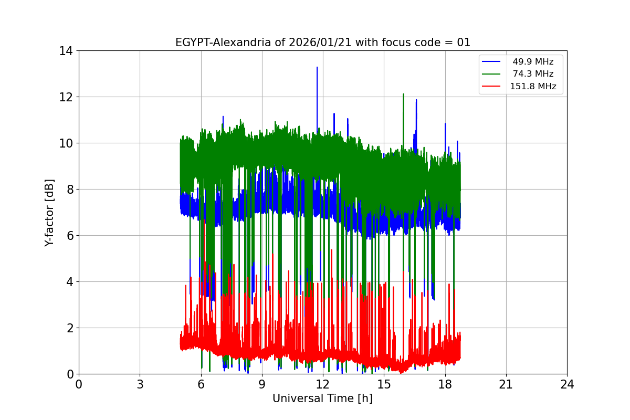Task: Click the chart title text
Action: click(x=322, y=43)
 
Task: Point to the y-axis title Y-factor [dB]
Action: click(x=49, y=212)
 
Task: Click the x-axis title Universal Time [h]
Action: click(x=322, y=398)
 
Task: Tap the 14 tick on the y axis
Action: click(x=66, y=51)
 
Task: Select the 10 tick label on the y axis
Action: click(x=66, y=143)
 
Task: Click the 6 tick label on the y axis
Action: click(x=69, y=236)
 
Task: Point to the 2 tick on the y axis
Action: click(x=69, y=328)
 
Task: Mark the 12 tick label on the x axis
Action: click(x=322, y=384)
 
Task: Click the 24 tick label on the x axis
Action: click(x=566, y=384)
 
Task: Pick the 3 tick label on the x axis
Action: click(x=140, y=384)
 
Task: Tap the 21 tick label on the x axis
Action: click(x=506, y=384)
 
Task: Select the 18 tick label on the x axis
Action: click(x=445, y=384)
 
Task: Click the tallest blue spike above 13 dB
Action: click(x=317, y=68)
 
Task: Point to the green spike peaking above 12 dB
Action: click(x=403, y=95)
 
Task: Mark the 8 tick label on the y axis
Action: click(x=69, y=190)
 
